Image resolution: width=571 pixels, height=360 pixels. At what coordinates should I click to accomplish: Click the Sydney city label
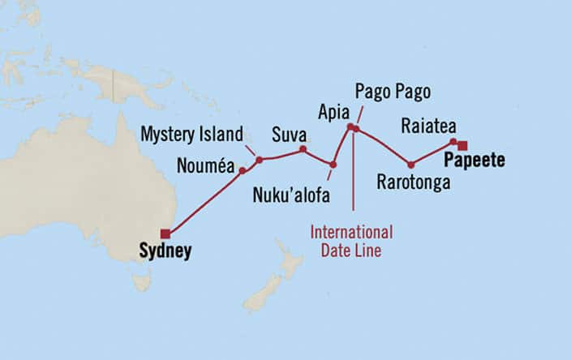165,251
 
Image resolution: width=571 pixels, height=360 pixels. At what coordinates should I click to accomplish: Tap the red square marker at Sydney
165,234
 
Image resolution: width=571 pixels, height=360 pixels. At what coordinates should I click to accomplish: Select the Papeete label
474,161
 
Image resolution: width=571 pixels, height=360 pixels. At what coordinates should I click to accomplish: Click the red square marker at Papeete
462,146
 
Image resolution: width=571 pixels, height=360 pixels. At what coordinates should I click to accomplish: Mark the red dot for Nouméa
242,171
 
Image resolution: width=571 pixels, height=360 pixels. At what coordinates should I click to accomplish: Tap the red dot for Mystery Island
260,160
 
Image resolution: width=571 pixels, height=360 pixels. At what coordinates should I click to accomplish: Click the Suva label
289,133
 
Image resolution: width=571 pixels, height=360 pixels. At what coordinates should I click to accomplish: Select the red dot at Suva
303,149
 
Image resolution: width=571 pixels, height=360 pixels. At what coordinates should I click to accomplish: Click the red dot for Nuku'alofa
333,165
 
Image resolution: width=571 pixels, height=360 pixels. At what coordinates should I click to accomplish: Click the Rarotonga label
414,182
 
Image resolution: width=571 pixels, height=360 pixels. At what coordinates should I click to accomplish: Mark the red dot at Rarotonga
411,165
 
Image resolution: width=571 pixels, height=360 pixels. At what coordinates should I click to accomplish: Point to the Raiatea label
429,125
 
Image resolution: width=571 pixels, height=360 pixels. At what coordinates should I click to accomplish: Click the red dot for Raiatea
453,143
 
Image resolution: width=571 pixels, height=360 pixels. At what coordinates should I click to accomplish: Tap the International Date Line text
351,241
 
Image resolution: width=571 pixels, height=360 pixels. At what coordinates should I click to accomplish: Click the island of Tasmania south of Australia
142,281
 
